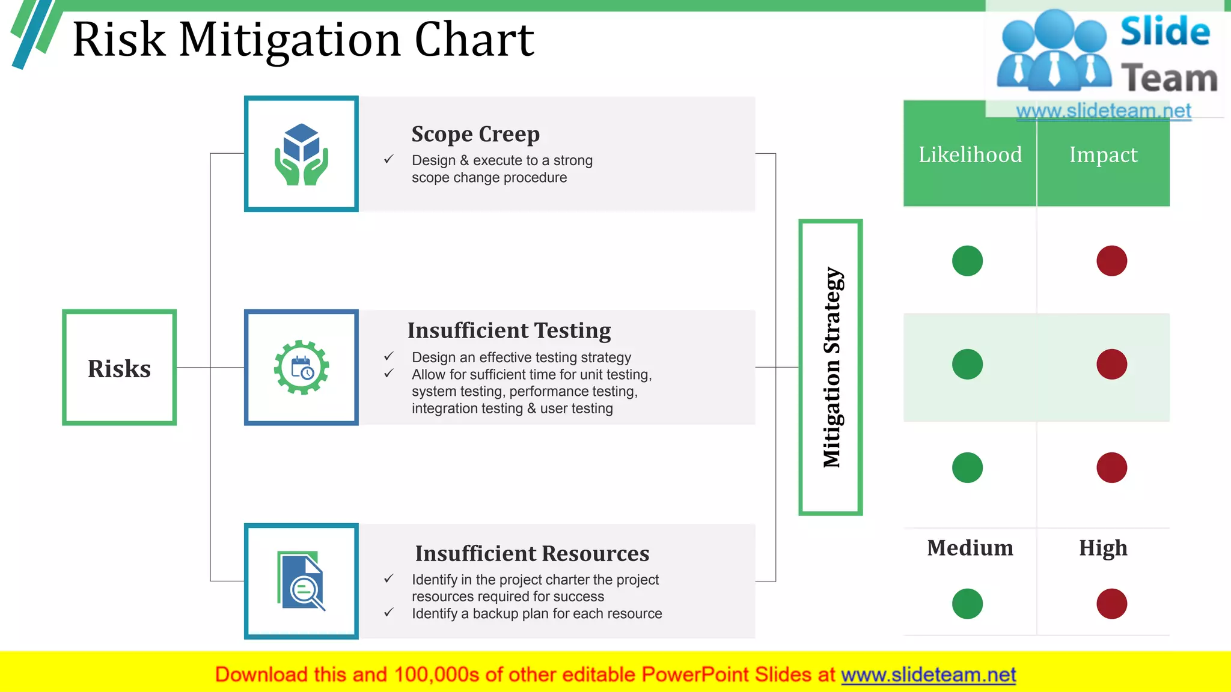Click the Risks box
[x=119, y=368]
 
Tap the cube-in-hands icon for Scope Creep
[x=301, y=154]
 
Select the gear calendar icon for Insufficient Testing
[x=301, y=368]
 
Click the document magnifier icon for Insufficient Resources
[x=301, y=581]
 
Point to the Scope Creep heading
[x=475, y=134]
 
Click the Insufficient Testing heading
[x=509, y=330]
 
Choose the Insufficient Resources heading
[x=532, y=553]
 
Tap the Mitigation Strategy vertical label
[x=831, y=367]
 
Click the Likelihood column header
[x=970, y=155]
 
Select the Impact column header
[x=1103, y=155]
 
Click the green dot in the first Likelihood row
[x=967, y=261]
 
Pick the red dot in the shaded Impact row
[x=1111, y=364]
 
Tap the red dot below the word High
[x=1111, y=604]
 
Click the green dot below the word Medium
[x=967, y=604]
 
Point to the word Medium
[x=970, y=548]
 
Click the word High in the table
[x=1103, y=548]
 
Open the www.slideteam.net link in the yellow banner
[x=928, y=675]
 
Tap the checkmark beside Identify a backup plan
[x=389, y=613]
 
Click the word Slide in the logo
[x=1165, y=31]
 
